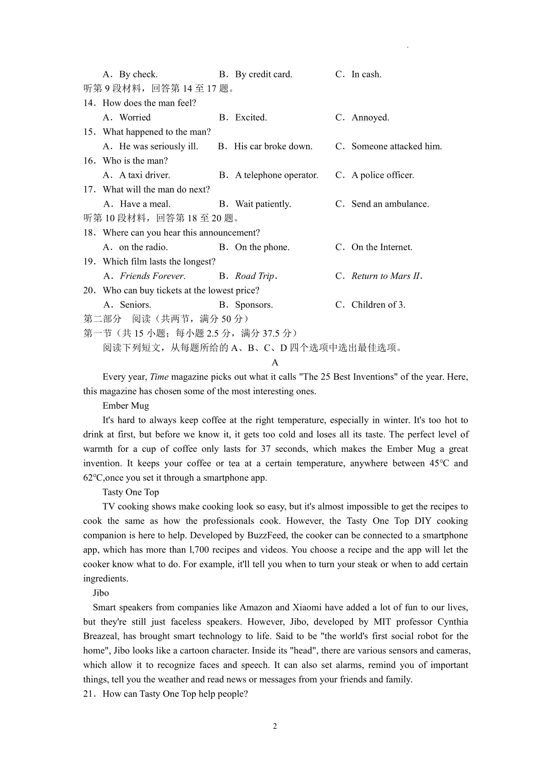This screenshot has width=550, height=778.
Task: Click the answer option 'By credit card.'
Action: tap(263, 74)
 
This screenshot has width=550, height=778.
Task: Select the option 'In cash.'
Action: tap(366, 74)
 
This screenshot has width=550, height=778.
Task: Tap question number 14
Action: tap(89, 103)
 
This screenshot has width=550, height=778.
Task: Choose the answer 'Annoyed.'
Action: tap(370, 117)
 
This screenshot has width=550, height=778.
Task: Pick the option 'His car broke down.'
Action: tap(273, 146)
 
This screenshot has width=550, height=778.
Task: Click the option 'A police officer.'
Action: tap(383, 175)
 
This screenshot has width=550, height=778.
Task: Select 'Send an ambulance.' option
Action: tap(390, 204)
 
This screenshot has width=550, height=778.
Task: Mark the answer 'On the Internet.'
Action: tap(382, 247)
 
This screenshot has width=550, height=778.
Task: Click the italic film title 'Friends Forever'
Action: tap(152, 276)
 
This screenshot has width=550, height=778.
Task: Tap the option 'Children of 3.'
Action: tap(378, 305)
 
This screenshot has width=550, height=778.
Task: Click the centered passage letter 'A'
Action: tap(275, 363)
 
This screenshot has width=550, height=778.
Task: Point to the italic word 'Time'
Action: tap(159, 377)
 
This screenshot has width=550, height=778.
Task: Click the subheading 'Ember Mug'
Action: tap(126, 405)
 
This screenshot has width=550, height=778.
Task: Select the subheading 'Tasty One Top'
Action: tap(131, 492)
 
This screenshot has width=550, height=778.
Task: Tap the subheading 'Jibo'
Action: tap(101, 593)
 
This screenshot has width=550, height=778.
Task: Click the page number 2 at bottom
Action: tap(275, 726)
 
